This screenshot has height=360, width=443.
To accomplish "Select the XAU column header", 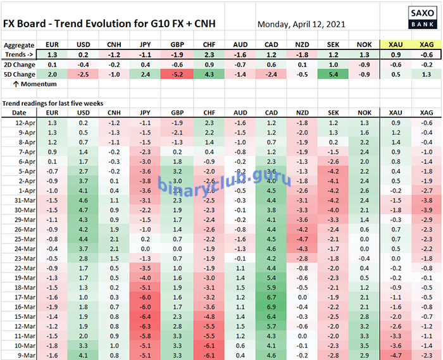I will point(394,46).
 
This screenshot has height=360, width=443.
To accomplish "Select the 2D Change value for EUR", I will point(52,65).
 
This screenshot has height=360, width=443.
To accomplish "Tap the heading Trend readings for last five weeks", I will point(53,102).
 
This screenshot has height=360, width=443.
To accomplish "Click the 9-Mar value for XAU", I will point(394,356).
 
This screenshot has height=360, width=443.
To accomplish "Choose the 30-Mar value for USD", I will point(82,210).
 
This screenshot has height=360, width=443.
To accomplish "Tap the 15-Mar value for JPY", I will point(145,317).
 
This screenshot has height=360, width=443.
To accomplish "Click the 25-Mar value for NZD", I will point(302,239).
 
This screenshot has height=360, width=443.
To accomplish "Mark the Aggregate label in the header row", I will point(19,46).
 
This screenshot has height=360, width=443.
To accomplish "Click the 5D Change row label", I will point(19,75).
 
